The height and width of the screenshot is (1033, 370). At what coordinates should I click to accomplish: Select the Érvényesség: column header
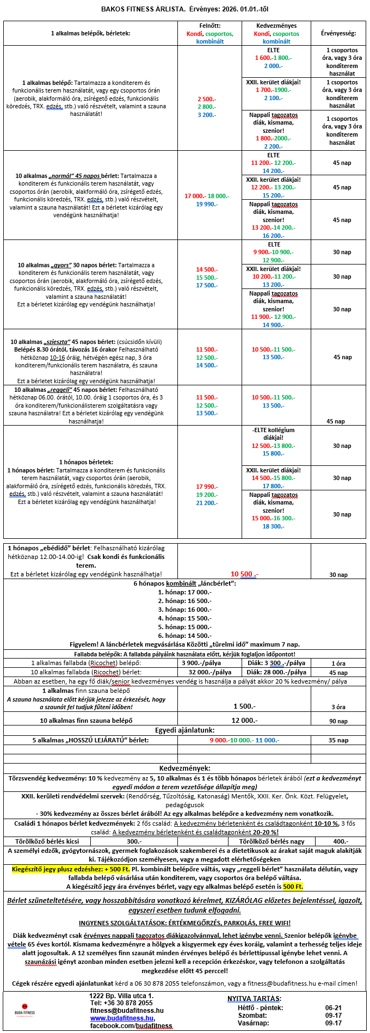[x=338, y=33]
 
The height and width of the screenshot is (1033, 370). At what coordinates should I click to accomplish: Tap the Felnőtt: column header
[x=209, y=26]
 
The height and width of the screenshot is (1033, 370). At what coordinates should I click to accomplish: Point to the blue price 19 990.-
[x=207, y=204]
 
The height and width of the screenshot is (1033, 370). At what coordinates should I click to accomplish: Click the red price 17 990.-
[x=207, y=487]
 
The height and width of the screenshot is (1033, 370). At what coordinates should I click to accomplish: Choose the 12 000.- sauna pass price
[x=244, y=721]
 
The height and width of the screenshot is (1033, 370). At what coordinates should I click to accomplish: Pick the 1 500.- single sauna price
[x=244, y=706]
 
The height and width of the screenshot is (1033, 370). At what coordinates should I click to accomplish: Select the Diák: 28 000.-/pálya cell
[x=276, y=672]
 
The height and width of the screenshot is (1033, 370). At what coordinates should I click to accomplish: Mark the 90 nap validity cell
[x=338, y=721]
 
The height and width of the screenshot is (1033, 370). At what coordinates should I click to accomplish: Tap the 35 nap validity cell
[x=338, y=740]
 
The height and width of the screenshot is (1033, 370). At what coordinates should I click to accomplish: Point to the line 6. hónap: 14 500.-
[x=184, y=635]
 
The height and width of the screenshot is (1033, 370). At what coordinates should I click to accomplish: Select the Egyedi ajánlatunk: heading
[x=184, y=730]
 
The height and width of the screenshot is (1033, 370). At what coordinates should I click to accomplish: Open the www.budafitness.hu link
[x=122, y=1018]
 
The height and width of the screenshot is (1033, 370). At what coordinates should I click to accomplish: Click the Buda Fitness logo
[x=25, y=1010]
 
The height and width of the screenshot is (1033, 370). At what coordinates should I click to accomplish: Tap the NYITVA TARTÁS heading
[x=254, y=999]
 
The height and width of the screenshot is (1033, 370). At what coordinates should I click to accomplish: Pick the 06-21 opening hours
[x=334, y=1007]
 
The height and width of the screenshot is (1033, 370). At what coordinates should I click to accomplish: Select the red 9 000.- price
[x=219, y=740]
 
